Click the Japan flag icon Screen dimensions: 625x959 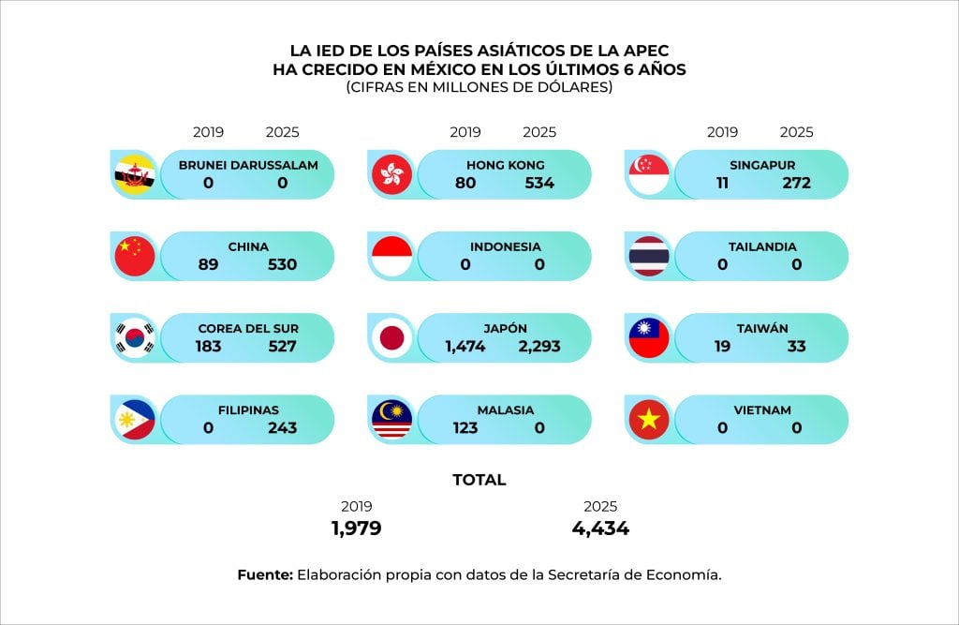tap(391, 338)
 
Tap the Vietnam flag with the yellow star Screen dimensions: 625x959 tap(648, 420)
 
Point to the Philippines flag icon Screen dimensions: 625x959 tap(134, 420)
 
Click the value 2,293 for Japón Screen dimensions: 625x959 tap(539, 347)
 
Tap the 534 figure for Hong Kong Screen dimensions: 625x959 tap(539, 183)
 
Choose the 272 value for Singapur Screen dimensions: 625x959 tap(797, 183)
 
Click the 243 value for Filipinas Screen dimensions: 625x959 tap(282, 428)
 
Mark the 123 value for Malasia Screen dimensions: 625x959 tap(465, 428)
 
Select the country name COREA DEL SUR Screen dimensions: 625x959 tap(247, 329)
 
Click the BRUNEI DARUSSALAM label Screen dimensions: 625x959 tap(247, 165)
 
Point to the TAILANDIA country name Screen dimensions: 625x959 tap(762, 246)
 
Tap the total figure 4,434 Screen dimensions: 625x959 tap(600, 528)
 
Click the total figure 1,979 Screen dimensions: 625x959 tap(356, 528)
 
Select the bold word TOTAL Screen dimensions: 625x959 tap(479, 480)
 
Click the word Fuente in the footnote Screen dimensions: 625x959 tap(264, 574)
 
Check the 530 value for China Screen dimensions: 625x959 tap(282, 264)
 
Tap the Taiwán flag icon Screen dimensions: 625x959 tap(648, 338)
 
